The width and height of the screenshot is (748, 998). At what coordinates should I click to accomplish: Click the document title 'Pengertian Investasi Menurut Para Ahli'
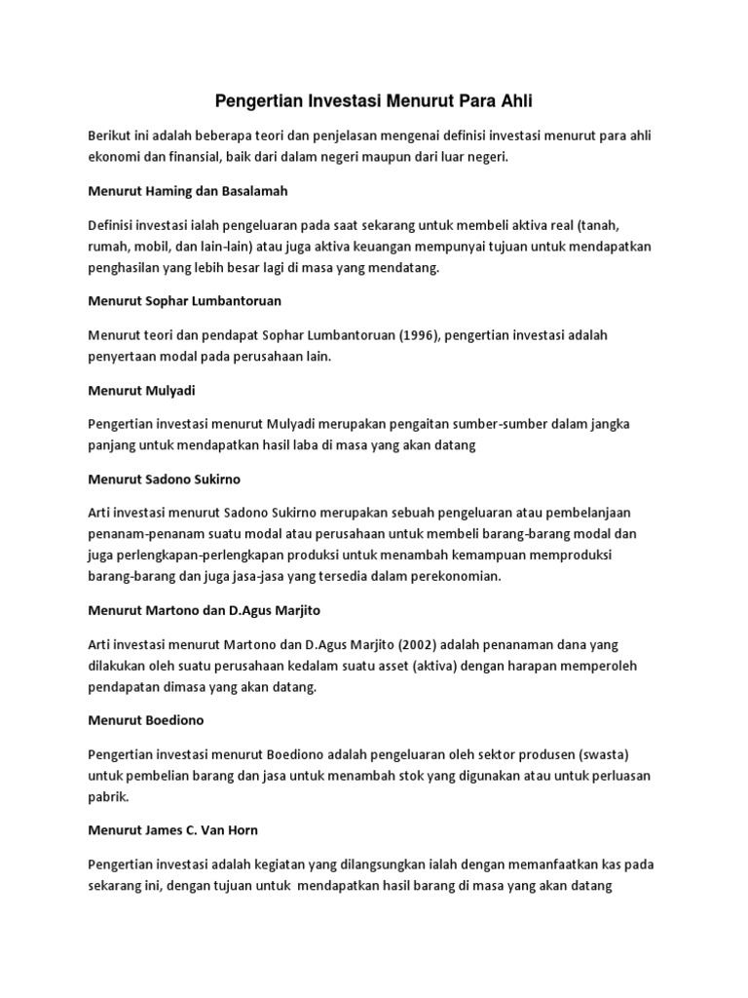click(x=373, y=100)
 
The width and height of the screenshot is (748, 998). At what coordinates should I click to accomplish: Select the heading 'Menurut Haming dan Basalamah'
click(x=176, y=189)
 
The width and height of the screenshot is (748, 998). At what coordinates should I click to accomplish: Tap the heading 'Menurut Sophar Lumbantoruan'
click(x=184, y=300)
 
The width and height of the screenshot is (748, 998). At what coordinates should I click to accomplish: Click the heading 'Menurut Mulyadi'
click(x=141, y=390)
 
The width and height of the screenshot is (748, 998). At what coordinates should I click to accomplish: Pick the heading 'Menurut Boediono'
click(x=145, y=719)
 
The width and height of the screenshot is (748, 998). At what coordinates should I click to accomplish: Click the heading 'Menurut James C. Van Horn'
click(x=172, y=830)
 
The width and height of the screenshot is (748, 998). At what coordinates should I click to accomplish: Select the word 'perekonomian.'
click(x=452, y=576)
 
